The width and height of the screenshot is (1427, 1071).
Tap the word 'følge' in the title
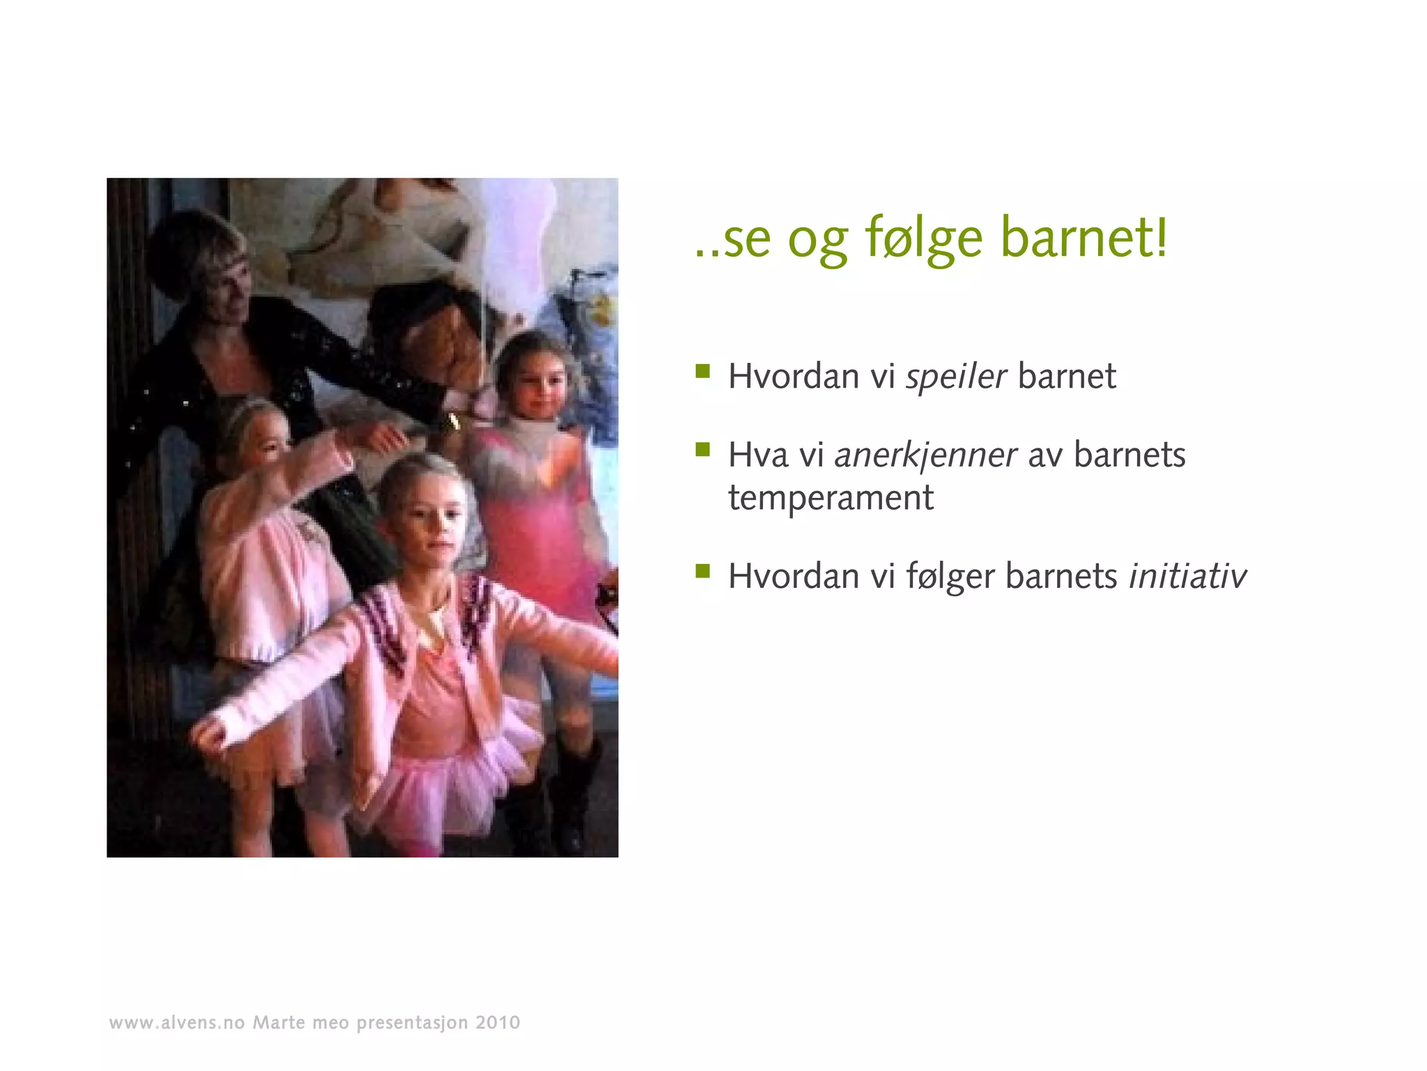pyautogui.click(x=924, y=238)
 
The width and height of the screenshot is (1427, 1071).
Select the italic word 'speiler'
pyautogui.click(x=956, y=377)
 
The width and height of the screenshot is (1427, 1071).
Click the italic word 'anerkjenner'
pyautogui.click(x=925, y=455)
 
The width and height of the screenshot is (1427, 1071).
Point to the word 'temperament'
pyautogui.click(x=831, y=498)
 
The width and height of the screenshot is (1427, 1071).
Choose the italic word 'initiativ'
pyautogui.click(x=1187, y=577)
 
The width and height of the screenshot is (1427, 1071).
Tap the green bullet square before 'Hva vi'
pyautogui.click(x=702, y=450)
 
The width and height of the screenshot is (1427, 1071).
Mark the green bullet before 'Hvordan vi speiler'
pyautogui.click(x=702, y=371)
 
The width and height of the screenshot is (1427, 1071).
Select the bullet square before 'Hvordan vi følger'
pyautogui.click(x=702, y=572)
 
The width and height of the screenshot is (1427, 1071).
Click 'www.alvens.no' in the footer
pyautogui.click(x=177, y=1023)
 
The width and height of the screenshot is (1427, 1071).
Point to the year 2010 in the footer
pyautogui.click(x=497, y=1023)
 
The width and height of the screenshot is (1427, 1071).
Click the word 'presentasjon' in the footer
pyautogui.click(x=412, y=1024)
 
